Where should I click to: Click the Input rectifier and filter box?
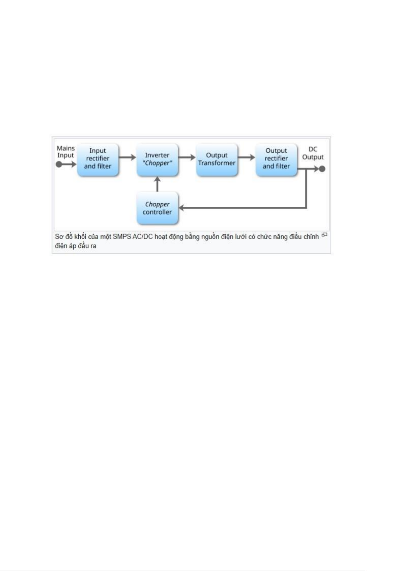point(98,160)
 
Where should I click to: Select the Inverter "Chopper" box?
point(157,160)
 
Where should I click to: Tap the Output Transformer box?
point(217,160)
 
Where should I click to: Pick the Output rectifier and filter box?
point(276,160)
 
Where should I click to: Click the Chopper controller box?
point(157,208)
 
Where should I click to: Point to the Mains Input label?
point(66,152)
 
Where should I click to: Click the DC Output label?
point(313,153)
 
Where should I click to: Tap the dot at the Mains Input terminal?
point(59,164)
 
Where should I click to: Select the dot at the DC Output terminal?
point(322,169)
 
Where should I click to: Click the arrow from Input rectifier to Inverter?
point(127,157)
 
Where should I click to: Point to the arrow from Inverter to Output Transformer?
point(187,157)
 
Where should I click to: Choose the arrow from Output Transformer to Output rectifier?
point(246,157)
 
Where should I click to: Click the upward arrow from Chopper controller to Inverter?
point(157,184)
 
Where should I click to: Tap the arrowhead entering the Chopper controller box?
point(181,208)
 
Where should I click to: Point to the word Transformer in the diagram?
point(217,163)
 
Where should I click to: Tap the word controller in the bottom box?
point(157,212)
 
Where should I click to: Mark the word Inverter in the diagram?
point(157,155)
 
